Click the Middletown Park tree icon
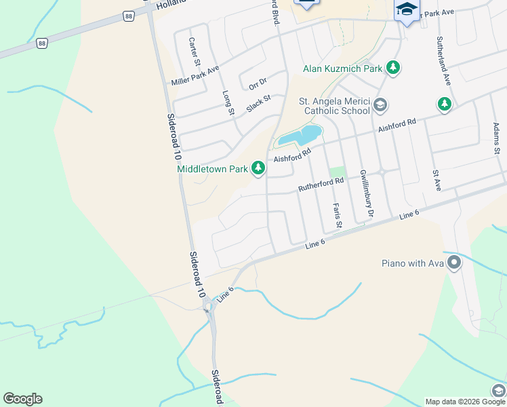[258, 168]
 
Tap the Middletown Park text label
[212, 169]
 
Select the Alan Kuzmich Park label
[342, 69]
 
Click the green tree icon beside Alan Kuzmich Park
[392, 67]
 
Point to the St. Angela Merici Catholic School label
[335, 106]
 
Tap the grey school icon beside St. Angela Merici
[380, 105]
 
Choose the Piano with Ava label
[411, 263]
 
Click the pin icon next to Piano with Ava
[452, 262]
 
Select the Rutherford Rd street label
[321, 185]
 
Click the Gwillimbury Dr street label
[366, 194]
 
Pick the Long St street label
[228, 102]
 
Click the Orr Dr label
[258, 83]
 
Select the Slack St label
[258, 103]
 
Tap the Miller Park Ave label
[195, 75]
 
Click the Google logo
[22, 399]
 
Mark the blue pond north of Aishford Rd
[300, 135]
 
